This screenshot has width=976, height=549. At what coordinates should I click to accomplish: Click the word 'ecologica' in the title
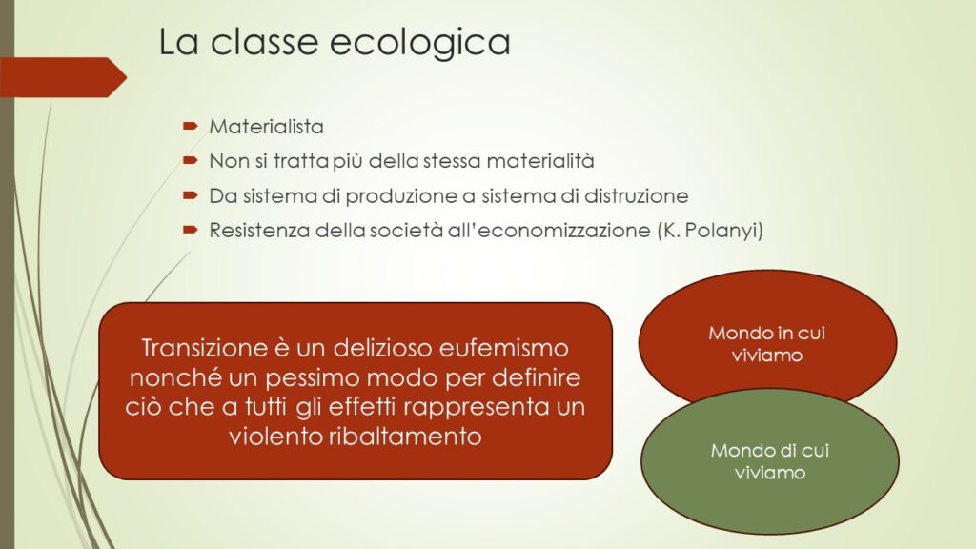tap(419, 43)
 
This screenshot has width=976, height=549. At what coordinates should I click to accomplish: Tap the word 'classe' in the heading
tap(264, 41)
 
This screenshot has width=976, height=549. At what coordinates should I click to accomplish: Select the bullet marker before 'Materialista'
tap(190, 127)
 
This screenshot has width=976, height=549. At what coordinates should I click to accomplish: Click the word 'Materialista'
tap(267, 127)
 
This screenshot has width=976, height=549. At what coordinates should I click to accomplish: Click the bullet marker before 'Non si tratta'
tap(190, 160)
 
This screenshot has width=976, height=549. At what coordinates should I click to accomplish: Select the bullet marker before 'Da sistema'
tap(190, 195)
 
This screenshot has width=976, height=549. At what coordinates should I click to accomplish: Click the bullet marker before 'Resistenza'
tap(190, 230)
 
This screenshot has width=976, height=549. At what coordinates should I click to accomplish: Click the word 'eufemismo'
tap(503, 347)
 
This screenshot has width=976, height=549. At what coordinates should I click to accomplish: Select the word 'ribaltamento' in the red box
tap(405, 436)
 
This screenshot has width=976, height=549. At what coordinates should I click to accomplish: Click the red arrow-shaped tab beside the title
tap(63, 77)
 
